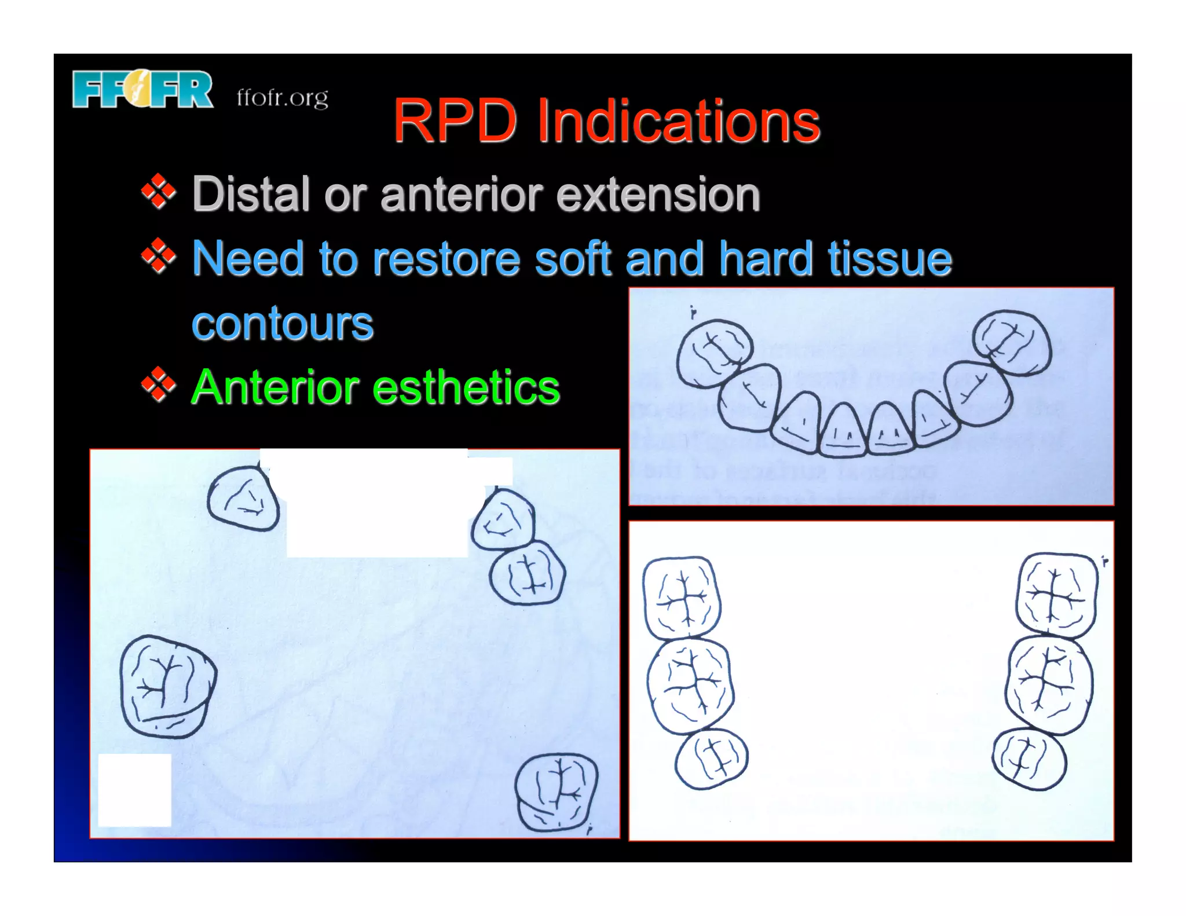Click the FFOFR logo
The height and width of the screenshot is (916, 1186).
(142, 90)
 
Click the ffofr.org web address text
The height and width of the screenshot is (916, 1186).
(282, 98)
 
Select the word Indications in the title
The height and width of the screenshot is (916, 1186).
(678, 121)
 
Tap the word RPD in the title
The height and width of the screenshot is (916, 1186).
(455, 121)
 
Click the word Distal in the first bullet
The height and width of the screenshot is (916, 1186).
(251, 194)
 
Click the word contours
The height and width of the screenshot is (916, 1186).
(283, 323)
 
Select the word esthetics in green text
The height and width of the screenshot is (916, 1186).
(466, 387)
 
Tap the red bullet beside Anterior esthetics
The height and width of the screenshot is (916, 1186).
(158, 384)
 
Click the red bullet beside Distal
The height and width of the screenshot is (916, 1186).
(158, 192)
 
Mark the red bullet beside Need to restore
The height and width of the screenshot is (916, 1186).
(158, 256)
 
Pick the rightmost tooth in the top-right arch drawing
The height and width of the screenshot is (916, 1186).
(1011, 342)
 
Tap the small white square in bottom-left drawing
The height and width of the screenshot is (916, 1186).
(135, 790)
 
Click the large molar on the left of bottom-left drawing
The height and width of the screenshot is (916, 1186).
(167, 686)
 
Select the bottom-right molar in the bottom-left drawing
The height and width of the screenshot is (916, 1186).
(557, 792)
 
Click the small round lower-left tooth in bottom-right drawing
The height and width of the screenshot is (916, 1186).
(712, 759)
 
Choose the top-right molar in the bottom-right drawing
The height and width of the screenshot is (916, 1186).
(1056, 595)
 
